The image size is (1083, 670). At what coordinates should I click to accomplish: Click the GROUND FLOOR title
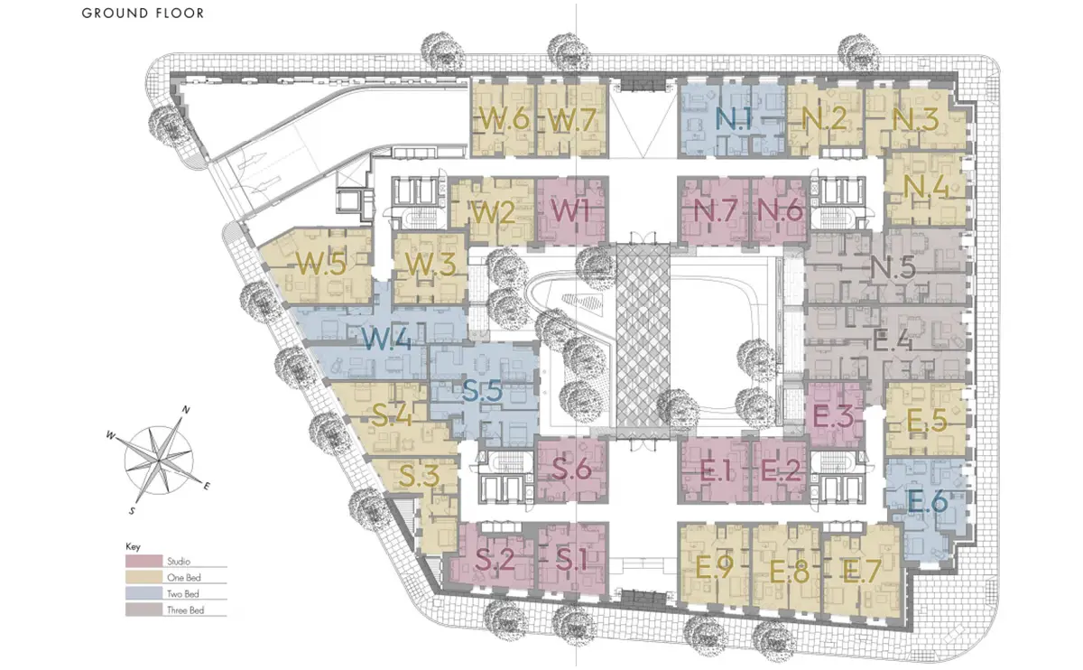pyautogui.click(x=143, y=13)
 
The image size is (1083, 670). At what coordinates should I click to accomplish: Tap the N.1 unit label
pyautogui.click(x=734, y=118)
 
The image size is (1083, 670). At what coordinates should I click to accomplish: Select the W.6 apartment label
pyautogui.click(x=504, y=118)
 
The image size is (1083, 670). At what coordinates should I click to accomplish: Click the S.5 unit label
pyautogui.click(x=482, y=391)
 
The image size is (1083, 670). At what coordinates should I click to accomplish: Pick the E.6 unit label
pyautogui.click(x=928, y=501)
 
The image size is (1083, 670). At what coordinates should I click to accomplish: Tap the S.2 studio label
pyautogui.click(x=495, y=560)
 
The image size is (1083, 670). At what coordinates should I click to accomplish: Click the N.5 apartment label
pyautogui.click(x=893, y=267)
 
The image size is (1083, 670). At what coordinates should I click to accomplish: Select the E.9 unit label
pyautogui.click(x=715, y=567)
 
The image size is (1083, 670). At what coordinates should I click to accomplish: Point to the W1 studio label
pyautogui.click(x=570, y=211)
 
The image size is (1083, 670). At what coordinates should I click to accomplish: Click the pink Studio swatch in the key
pyautogui.click(x=143, y=561)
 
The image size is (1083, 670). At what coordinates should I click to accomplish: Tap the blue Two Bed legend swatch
pyautogui.click(x=143, y=593)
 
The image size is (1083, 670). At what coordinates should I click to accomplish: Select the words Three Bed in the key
pyautogui.click(x=186, y=610)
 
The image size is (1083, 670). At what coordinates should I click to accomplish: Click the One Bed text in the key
pyautogui.click(x=184, y=578)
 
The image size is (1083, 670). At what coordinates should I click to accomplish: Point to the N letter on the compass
pyautogui.click(x=185, y=410)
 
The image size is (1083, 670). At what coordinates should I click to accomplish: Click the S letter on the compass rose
pyautogui.click(x=132, y=511)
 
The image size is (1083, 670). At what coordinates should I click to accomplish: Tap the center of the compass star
pyautogui.click(x=159, y=460)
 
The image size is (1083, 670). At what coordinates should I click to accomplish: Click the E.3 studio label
pyautogui.click(x=833, y=416)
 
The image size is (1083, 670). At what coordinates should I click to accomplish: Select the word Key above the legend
pyautogui.click(x=133, y=546)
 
